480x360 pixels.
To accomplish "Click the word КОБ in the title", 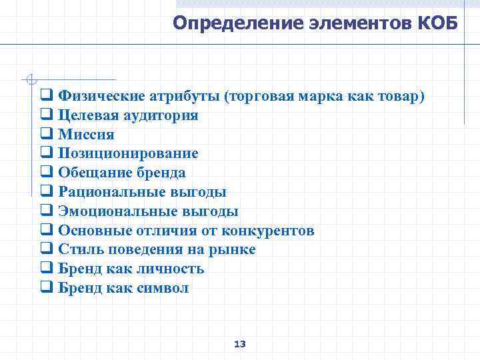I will click(438, 24).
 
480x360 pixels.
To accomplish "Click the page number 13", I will click(240, 344).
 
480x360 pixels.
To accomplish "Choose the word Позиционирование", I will click(128, 153).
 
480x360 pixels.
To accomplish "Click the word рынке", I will click(234, 250).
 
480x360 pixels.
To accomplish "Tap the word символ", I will click(163, 288).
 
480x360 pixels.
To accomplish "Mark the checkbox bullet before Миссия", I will click(47, 135).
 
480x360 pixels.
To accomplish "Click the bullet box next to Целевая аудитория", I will click(47, 115).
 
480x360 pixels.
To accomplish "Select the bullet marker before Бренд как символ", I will click(47, 289).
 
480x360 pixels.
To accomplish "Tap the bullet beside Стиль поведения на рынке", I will click(47, 250).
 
